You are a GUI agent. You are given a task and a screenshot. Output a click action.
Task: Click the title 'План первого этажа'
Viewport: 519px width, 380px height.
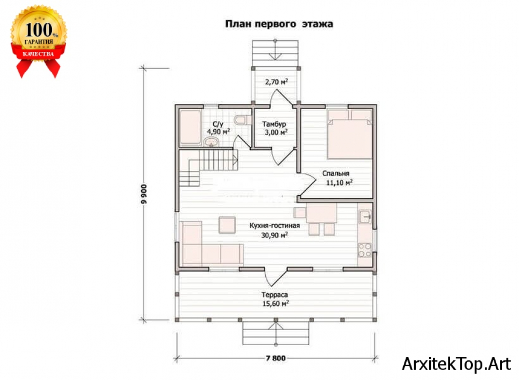pos(279,24)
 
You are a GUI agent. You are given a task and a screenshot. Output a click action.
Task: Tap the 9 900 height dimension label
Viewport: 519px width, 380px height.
pos(144,194)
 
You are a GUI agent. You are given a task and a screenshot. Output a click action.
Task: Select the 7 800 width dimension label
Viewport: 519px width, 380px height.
pos(276,358)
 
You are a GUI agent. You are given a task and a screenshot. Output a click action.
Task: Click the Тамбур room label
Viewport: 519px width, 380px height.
pos(274,124)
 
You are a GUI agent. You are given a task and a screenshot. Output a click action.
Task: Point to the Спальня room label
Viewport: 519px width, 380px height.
pos(336,173)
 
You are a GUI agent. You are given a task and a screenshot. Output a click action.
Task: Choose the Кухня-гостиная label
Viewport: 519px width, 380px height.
pos(275,226)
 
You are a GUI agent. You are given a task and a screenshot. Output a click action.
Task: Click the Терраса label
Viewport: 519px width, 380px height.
pos(275,294)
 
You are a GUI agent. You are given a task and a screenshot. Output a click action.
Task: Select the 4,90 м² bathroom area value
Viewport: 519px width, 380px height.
pos(218,132)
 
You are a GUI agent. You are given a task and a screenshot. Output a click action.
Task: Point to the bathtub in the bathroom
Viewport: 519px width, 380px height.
pos(190,127)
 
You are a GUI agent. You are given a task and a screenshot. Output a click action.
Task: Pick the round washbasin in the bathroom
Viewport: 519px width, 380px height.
pos(211,142)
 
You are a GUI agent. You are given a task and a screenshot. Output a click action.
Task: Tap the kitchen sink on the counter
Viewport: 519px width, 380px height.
pos(365,217)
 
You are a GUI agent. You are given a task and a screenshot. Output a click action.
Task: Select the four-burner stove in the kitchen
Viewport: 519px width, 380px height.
pos(365,250)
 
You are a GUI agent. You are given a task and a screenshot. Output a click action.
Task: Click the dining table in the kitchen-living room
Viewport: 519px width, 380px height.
pos(321,213)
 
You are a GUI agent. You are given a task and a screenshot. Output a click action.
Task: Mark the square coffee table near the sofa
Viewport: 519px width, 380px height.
pos(227,225)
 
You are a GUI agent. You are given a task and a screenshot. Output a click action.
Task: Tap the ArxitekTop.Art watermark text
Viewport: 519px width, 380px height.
pos(456,364)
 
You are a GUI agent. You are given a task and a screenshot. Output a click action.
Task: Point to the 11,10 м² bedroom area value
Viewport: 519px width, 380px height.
pos(339,182)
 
